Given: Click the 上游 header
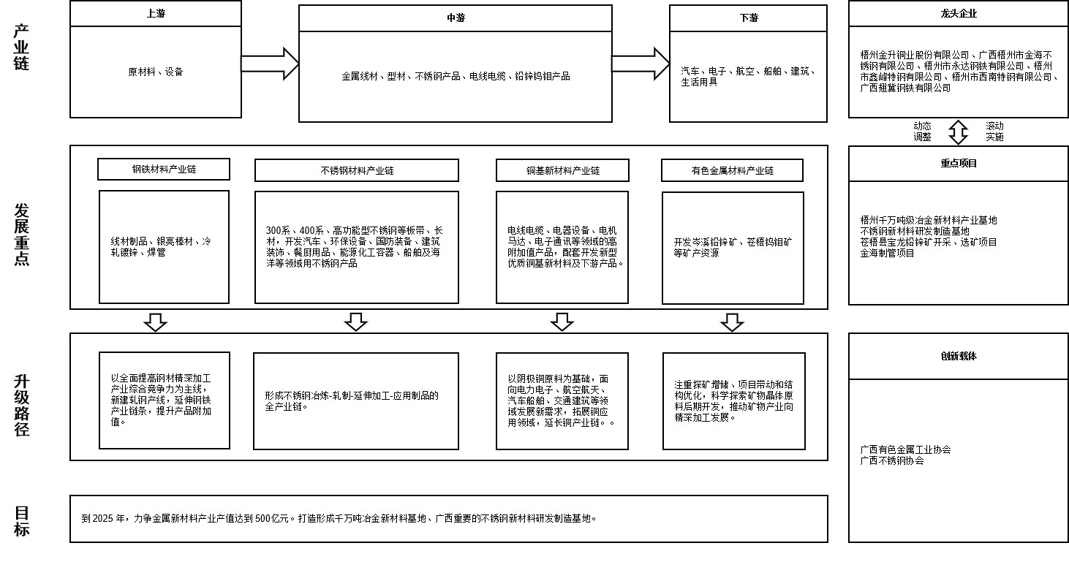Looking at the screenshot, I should point(156,14).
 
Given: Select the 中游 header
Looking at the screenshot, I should point(456,18).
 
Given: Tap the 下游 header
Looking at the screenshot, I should point(748,18).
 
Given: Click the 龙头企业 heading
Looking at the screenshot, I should point(958,14).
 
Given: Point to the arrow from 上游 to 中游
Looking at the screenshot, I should point(270,64).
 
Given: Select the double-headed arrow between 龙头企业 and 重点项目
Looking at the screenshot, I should point(958,132).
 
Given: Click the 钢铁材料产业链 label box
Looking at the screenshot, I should point(164,170).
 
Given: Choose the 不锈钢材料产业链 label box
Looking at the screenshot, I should point(357,170).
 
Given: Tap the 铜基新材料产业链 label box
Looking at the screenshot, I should point(562,170).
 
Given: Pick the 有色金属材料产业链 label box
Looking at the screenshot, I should point(732,170).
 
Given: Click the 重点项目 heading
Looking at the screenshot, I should point(958,164).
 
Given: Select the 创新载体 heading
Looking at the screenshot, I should point(958,357).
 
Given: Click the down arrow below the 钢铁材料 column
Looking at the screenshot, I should point(155,322).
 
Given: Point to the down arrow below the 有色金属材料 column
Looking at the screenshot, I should point(732,322).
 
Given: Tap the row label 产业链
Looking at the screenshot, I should point(22,48).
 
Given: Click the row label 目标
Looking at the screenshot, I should point(22,521).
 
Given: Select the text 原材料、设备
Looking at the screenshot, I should point(156,72).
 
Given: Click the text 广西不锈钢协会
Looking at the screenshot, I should point(892,461).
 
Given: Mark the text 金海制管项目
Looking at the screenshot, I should point(887,253).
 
